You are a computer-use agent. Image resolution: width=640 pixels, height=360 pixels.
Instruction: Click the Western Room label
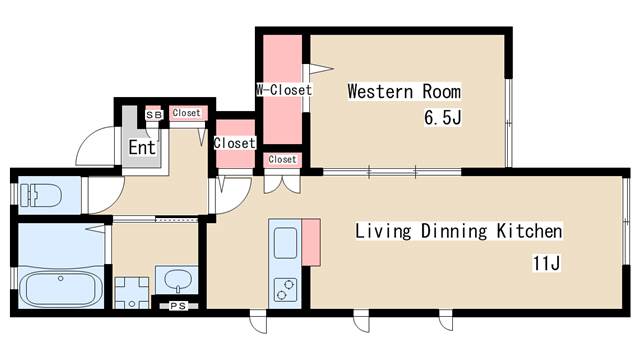point(404,91)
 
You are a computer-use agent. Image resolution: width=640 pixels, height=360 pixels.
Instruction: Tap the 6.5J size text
point(443,118)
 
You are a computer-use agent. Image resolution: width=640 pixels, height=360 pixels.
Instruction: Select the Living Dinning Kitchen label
point(459,231)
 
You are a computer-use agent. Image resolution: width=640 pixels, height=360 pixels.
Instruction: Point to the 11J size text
point(547,263)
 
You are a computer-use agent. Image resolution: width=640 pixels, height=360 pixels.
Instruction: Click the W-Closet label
point(284,90)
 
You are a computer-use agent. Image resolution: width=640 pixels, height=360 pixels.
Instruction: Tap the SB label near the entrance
point(154,115)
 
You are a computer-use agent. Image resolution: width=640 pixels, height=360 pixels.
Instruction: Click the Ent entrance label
point(142,147)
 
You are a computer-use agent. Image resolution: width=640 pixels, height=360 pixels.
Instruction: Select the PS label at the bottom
point(178,306)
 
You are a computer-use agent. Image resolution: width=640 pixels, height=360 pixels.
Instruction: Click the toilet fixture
point(40,195)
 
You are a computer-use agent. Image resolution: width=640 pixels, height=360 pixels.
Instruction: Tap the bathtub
point(61,288)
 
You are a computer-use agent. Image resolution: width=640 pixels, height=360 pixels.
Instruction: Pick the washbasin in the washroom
point(178,281)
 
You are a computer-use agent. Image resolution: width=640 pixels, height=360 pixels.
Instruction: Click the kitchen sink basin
point(285,243)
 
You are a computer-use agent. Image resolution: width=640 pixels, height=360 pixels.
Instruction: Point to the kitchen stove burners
point(285,289)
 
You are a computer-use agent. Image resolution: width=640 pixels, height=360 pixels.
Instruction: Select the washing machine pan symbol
point(131,293)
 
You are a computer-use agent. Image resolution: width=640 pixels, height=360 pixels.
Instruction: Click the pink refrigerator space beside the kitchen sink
point(311,242)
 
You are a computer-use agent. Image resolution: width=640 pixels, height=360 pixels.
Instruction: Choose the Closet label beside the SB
point(186,113)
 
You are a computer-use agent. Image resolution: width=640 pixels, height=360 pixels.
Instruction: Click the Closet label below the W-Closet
point(282,159)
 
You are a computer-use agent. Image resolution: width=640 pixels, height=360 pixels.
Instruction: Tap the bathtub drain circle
point(61,278)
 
